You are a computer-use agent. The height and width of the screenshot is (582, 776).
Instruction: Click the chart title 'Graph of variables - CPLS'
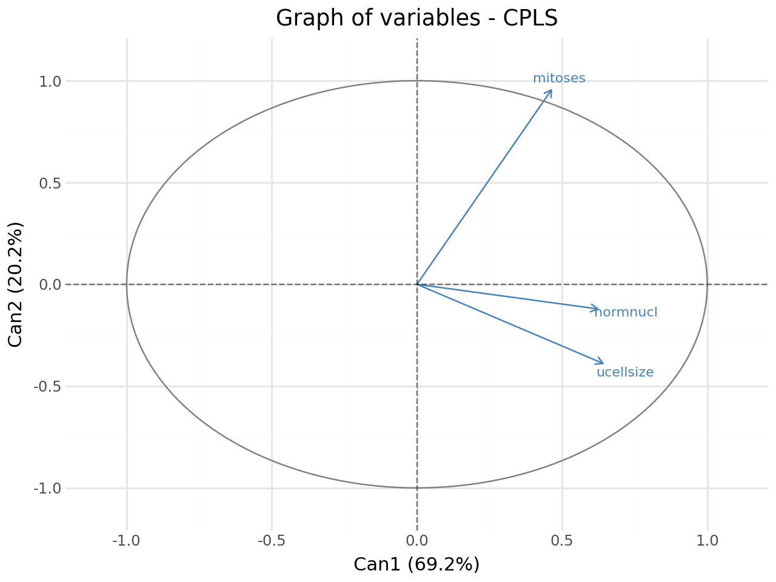click(417, 18)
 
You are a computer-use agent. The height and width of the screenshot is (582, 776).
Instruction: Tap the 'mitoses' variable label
click(559, 78)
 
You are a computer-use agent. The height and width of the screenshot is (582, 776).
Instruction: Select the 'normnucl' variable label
click(626, 312)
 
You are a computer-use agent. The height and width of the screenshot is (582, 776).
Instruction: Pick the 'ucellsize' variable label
click(625, 372)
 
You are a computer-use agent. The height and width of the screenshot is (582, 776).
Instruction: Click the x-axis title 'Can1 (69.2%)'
click(416, 564)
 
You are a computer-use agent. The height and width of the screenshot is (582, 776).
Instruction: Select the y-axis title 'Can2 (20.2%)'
click(15, 285)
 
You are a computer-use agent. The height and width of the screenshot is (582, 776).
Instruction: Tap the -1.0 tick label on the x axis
click(126, 541)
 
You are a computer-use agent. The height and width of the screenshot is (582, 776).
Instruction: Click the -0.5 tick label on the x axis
click(272, 541)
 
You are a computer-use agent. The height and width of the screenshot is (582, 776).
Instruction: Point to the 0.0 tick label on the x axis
click(417, 541)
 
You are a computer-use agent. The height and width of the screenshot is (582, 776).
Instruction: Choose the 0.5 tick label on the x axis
click(562, 541)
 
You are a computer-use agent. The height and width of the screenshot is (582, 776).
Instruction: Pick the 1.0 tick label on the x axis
click(707, 541)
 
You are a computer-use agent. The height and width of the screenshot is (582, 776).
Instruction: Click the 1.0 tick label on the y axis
click(50, 82)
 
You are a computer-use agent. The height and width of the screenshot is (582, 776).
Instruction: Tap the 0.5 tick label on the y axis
click(50, 184)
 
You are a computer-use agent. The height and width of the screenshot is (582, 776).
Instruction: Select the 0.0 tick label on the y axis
click(50, 285)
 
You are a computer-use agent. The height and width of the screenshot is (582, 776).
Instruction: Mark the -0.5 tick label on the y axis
click(47, 387)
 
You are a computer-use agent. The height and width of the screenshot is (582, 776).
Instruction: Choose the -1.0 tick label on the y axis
click(47, 489)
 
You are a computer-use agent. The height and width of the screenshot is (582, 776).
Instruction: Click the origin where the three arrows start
click(417, 284)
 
